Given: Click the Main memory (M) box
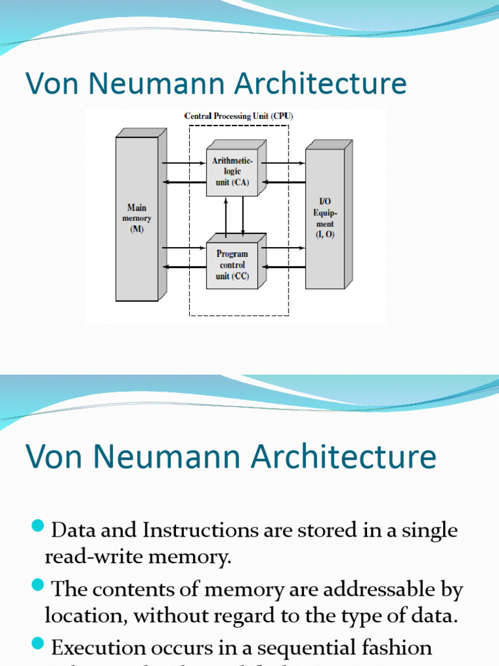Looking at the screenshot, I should (137, 219).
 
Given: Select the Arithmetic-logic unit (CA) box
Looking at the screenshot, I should (232, 171).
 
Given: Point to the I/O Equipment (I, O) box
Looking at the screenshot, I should (325, 219).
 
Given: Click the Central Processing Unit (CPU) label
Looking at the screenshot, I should (238, 116).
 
